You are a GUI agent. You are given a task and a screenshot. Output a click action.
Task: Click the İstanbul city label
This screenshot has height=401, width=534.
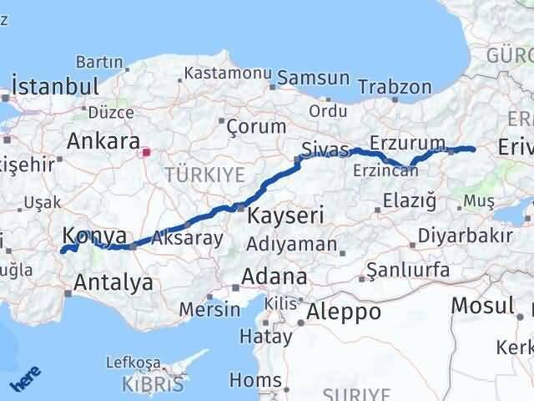tap(54, 86)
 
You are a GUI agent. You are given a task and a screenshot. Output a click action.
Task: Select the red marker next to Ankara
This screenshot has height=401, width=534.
tap(147, 152)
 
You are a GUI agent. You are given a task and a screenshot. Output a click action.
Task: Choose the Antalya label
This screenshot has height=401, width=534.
tap(113, 282)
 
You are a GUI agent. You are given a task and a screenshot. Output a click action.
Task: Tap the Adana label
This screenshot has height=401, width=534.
tap(275, 277)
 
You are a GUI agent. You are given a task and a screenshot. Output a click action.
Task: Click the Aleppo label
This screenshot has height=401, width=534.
tap(345, 312)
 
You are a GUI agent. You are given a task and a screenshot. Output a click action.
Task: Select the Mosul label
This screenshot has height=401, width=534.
tap(482, 305)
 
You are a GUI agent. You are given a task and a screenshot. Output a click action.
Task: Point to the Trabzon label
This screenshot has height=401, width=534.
tap(395, 86)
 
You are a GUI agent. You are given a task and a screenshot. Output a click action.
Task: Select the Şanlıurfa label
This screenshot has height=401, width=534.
tap(414, 270)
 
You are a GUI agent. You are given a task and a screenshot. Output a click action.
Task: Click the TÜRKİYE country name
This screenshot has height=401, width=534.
tap(204, 175)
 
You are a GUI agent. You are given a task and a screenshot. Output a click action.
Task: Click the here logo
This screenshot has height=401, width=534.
tap(24, 381)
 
